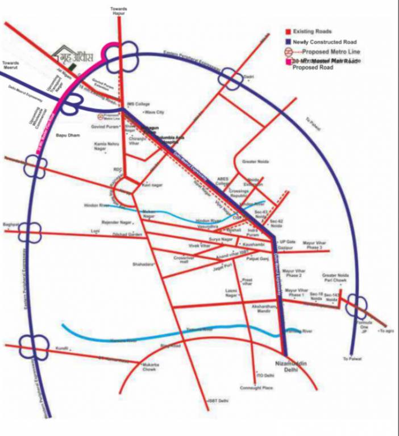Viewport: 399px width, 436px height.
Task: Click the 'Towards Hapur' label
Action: (x=119, y=11)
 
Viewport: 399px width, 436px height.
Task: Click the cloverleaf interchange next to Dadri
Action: (x=230, y=78)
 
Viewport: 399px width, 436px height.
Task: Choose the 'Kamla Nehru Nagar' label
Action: (x=106, y=146)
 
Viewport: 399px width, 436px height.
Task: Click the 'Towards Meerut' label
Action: (x=11, y=66)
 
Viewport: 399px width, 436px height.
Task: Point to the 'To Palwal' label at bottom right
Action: (x=352, y=359)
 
